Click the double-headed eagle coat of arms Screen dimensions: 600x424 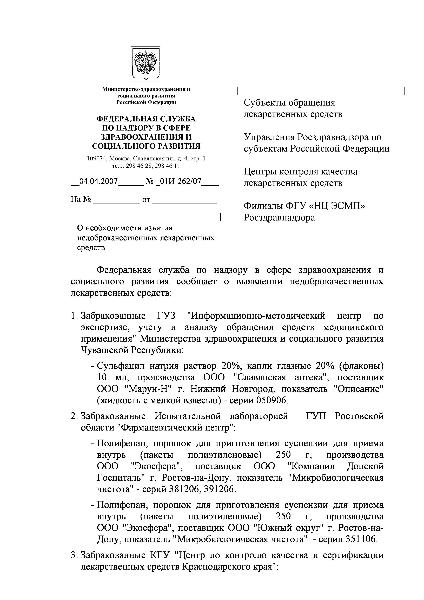coord(145,63)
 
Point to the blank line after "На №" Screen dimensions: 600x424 coord(117,200)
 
